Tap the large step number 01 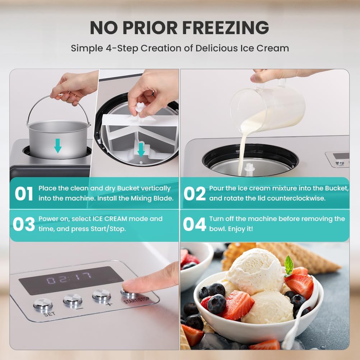pos(24,194)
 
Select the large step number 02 pos(195,194)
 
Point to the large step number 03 pos(24,224)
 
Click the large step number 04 pos(194,224)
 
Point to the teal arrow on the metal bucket pos(58,146)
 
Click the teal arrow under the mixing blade pos(141,150)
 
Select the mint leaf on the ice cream pos(289,266)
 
